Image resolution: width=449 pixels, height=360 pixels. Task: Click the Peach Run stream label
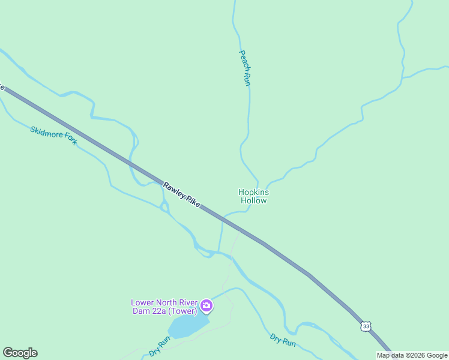(245, 68)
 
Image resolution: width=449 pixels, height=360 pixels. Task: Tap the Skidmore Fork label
(54, 136)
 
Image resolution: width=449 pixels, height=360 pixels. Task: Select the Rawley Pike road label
(181, 195)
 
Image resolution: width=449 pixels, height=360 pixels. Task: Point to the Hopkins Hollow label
(253, 196)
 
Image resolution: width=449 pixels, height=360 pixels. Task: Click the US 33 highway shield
(366, 326)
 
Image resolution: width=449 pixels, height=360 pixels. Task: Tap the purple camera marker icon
(206, 307)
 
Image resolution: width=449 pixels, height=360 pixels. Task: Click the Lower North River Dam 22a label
(164, 307)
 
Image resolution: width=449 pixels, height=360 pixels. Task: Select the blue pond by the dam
(188, 326)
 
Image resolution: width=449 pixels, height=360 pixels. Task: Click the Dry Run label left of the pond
(160, 346)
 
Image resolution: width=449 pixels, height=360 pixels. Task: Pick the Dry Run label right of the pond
(283, 340)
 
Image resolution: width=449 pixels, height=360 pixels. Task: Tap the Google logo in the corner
(20, 353)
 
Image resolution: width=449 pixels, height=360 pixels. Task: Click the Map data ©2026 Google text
(412, 355)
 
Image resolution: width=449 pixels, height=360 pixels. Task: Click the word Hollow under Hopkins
(253, 201)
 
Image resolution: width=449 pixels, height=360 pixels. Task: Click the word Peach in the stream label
(243, 58)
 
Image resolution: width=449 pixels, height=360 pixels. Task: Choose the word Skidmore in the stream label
(46, 133)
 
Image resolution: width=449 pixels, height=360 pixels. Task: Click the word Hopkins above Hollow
(253, 192)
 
